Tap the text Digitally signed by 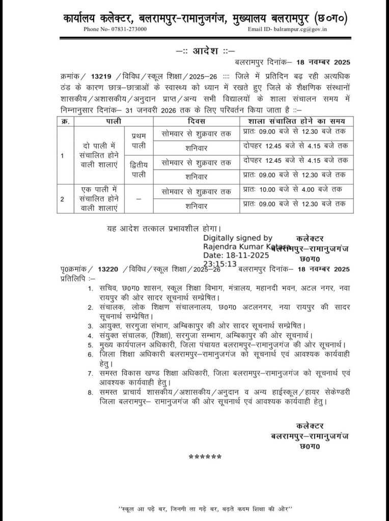[x=238, y=238]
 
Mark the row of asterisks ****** [x=205, y=456]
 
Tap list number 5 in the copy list [x=90, y=344]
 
